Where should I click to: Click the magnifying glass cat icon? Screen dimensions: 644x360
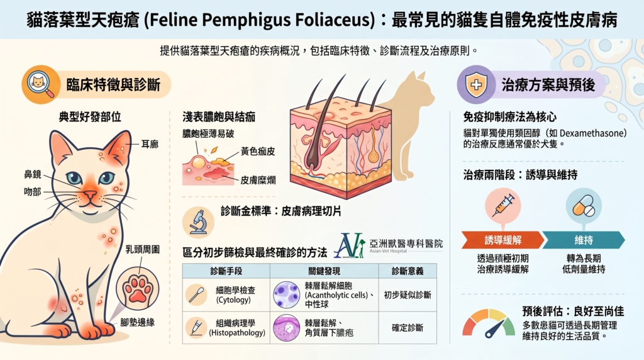click(x=41, y=85)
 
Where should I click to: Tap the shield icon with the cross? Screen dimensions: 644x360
click(x=476, y=85)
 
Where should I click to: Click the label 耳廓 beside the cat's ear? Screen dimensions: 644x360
click(x=150, y=144)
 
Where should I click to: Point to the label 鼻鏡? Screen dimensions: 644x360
click(x=33, y=174)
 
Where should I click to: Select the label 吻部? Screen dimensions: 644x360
click(x=33, y=191)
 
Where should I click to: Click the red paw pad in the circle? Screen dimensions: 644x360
click(x=137, y=289)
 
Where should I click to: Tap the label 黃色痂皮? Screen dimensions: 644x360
click(x=258, y=151)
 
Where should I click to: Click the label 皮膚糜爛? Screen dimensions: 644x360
click(x=258, y=180)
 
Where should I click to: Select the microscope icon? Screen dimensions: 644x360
click(x=198, y=222)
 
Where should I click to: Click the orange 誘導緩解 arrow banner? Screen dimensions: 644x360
click(x=502, y=240)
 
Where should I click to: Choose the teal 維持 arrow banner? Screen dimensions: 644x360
click(x=584, y=240)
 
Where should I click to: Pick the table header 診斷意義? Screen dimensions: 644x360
click(x=408, y=271)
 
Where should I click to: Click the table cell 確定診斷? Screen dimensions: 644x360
click(x=408, y=327)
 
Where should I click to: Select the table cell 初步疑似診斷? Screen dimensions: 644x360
click(x=408, y=295)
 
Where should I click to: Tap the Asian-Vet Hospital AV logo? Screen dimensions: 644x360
click(x=350, y=245)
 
